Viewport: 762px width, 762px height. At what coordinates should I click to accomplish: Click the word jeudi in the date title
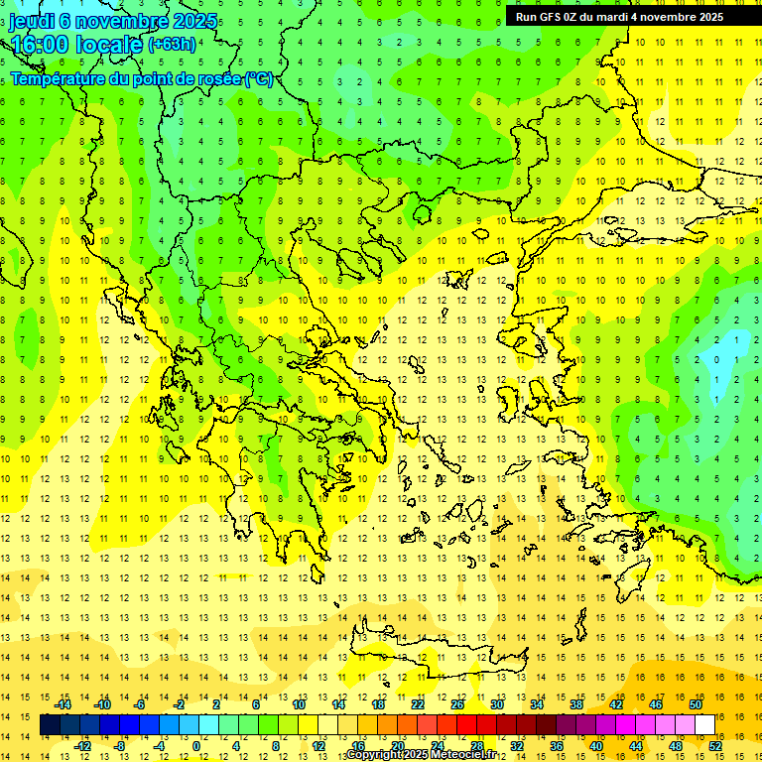[x=32, y=22]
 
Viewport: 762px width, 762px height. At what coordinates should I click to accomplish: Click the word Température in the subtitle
[x=59, y=79]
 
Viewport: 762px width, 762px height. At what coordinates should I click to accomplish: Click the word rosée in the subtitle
[x=216, y=79]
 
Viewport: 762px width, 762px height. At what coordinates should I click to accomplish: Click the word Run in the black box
[x=527, y=17]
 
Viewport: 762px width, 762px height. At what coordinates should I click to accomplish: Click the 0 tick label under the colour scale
[x=196, y=746]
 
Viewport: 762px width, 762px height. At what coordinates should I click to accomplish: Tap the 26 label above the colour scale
[x=457, y=704]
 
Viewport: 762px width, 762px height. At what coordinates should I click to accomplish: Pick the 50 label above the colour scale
[x=695, y=704]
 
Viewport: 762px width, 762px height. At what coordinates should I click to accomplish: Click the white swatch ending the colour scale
[x=705, y=725]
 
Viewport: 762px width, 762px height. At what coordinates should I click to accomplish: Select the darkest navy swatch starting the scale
[x=50, y=725]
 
